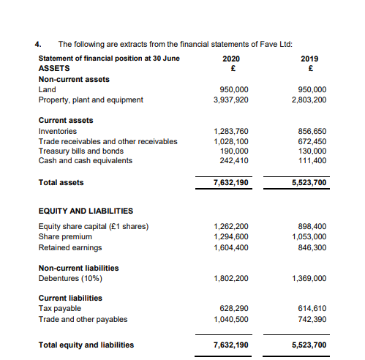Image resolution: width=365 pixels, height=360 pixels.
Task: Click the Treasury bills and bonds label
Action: click(80, 151)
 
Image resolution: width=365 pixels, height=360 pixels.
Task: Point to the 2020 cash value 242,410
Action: click(233, 160)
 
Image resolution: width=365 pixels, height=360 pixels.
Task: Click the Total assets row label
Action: click(61, 182)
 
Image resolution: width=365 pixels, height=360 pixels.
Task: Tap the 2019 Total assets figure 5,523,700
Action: click(309, 183)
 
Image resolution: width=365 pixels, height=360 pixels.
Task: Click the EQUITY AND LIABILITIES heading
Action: click(85, 211)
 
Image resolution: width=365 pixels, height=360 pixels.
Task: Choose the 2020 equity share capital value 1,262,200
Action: click(230, 226)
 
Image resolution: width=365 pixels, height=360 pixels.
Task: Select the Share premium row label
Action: click(65, 236)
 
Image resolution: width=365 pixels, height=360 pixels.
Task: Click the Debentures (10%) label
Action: click(70, 278)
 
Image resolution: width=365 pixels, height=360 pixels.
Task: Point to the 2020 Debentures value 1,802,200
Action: click(230, 278)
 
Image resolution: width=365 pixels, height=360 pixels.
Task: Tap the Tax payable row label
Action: click(59, 309)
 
